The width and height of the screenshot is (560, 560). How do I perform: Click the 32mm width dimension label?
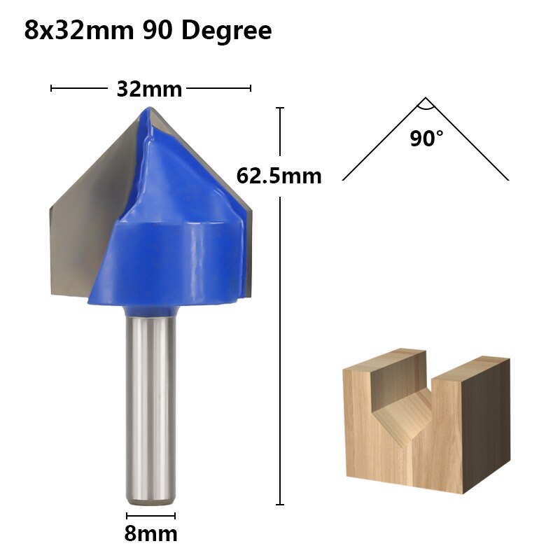tap(149, 89)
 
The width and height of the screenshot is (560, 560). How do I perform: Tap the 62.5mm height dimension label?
tap(279, 175)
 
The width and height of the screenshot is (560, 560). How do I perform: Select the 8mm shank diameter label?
tap(150, 534)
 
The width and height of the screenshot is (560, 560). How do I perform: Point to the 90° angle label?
tap(427, 139)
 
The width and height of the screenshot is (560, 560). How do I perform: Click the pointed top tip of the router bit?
tap(148, 109)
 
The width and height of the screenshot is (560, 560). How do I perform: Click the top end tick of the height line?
tap(280, 108)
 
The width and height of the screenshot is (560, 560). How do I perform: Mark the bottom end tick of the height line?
tap(280, 504)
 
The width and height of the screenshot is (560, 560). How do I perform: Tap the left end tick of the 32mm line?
tap(52, 88)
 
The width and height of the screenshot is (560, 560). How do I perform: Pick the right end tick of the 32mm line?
tap(251, 88)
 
